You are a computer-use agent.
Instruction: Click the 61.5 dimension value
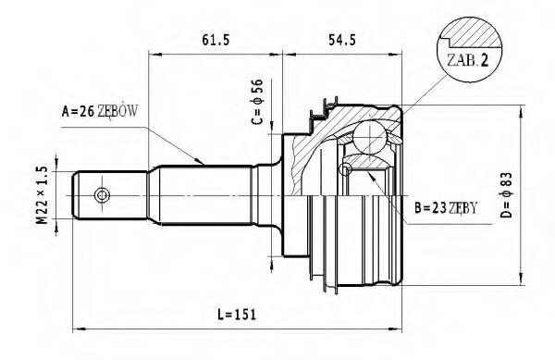(x=216, y=40)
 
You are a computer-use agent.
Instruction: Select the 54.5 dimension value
(x=342, y=40)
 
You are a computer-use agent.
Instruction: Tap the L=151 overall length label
(x=237, y=315)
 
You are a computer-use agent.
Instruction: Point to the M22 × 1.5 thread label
(x=43, y=195)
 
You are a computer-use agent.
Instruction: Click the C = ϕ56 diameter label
(x=258, y=102)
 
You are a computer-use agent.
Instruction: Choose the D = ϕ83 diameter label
(x=507, y=195)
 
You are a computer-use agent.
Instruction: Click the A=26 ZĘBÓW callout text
(x=100, y=111)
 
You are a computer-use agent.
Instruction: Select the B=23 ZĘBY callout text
(x=446, y=208)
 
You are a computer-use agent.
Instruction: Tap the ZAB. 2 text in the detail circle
(x=467, y=60)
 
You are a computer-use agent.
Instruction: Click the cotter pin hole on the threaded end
(x=102, y=194)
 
